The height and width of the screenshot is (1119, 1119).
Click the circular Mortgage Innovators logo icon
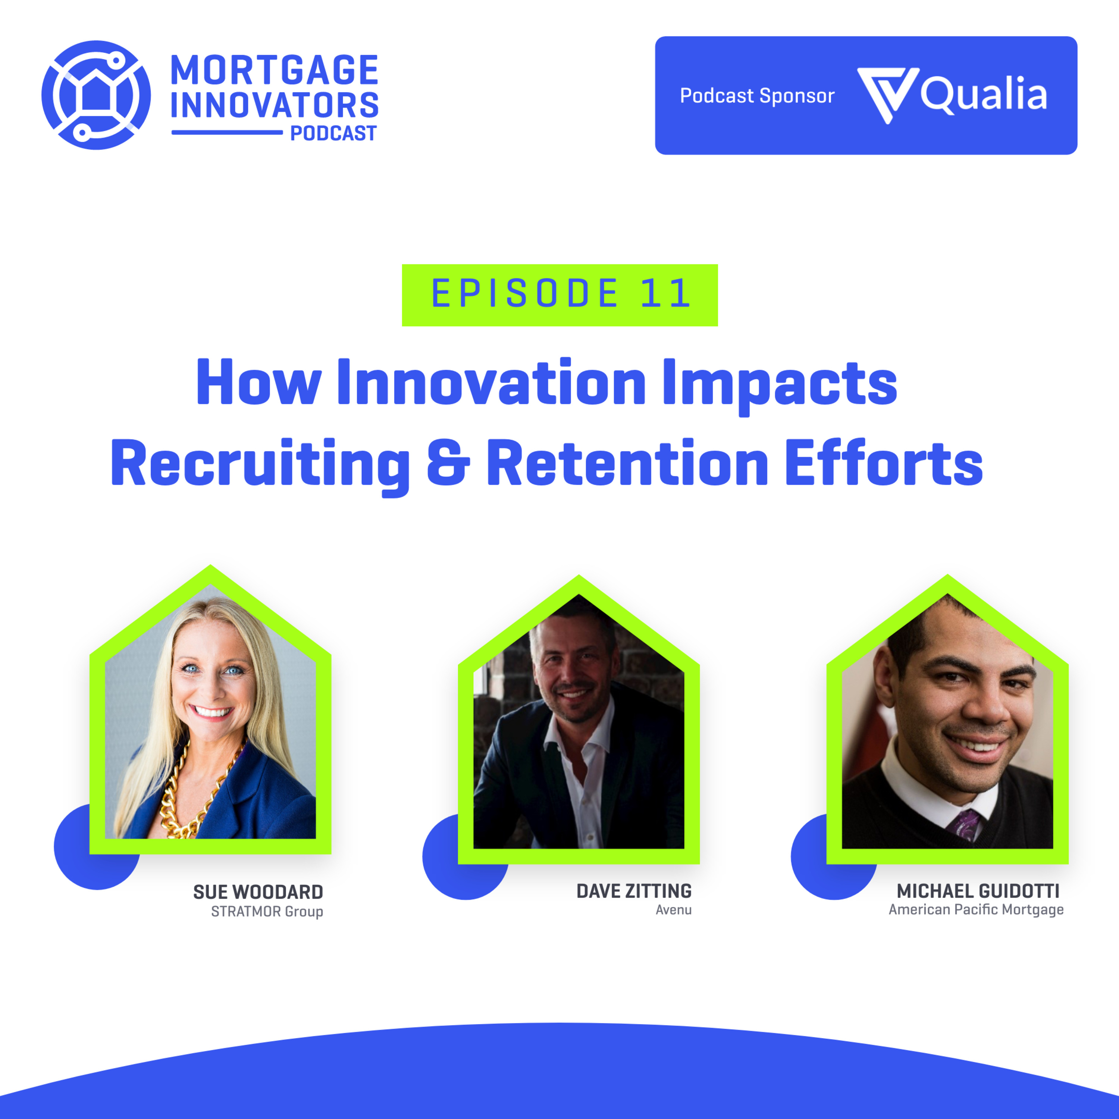point(96,95)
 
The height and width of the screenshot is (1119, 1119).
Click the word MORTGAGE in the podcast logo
point(275,70)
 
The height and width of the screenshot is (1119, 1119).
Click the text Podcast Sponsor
point(757,95)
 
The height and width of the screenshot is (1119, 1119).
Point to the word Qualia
point(984,94)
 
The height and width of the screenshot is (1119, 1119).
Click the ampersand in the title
point(449,463)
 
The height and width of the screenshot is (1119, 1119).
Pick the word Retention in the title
point(628,463)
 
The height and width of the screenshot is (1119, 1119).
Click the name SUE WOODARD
point(258,892)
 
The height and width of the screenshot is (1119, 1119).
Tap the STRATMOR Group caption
point(267,912)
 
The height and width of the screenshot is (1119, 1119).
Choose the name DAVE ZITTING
point(634,891)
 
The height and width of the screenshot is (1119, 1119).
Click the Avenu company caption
point(674,910)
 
